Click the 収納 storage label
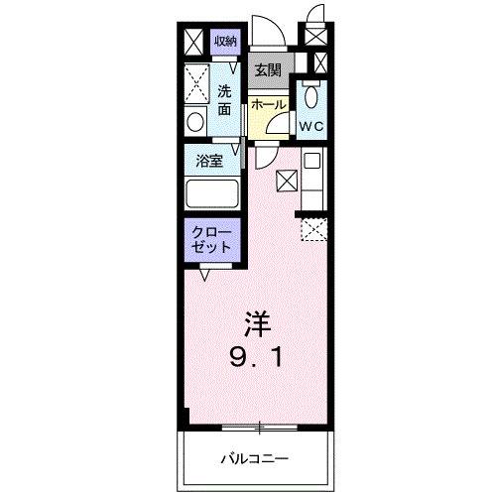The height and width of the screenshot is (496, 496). [225, 42]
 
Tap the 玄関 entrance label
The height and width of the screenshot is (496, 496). [267, 70]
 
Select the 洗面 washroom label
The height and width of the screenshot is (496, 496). [225, 99]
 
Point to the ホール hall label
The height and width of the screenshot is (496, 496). [269, 105]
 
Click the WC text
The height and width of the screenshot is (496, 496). [312, 127]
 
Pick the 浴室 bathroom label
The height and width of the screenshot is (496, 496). [208, 160]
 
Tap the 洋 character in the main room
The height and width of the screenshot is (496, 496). [257, 323]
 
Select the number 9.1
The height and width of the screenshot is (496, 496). [257, 355]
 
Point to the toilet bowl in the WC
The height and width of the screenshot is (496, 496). [311, 99]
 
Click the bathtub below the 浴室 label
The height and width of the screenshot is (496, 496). [212, 193]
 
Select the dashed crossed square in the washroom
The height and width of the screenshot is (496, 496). [195, 78]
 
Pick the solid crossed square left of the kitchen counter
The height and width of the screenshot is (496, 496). [287, 180]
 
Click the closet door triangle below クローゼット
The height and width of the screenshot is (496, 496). [204, 276]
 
